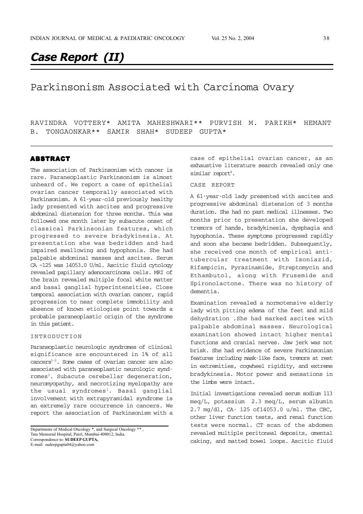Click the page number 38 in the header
[326, 38]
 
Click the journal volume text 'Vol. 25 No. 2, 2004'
[232, 38]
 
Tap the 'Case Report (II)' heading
[77, 57]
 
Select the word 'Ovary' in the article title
[278, 87]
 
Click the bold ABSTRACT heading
[50, 158]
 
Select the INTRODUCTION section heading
[56, 337]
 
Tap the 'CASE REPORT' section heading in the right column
[212, 185]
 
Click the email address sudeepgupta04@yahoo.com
[70, 444]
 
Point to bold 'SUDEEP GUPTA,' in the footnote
[81, 439]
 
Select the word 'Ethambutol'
[208, 276]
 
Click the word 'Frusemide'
[299, 276]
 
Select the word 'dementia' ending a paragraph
[205, 292]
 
